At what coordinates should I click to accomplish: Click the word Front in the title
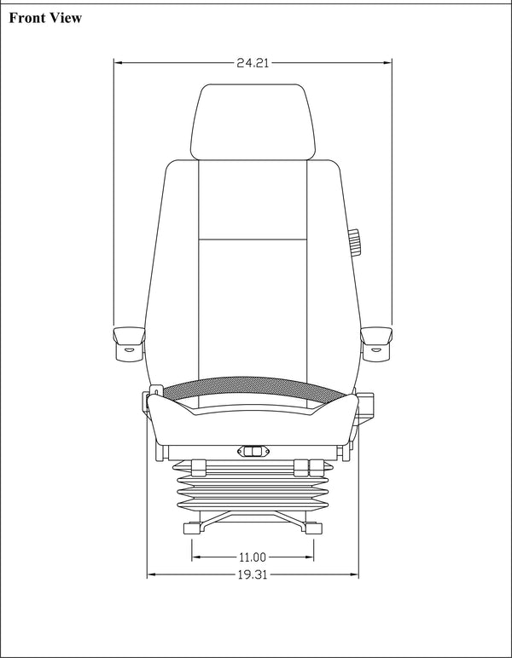click(29, 19)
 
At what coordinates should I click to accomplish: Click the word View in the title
click(67, 19)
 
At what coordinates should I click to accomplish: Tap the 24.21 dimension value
click(253, 62)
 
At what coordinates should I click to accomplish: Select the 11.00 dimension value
click(253, 557)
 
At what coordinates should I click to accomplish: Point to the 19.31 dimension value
click(253, 574)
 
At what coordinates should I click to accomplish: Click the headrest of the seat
click(253, 120)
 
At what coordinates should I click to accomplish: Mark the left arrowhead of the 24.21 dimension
click(119, 62)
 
